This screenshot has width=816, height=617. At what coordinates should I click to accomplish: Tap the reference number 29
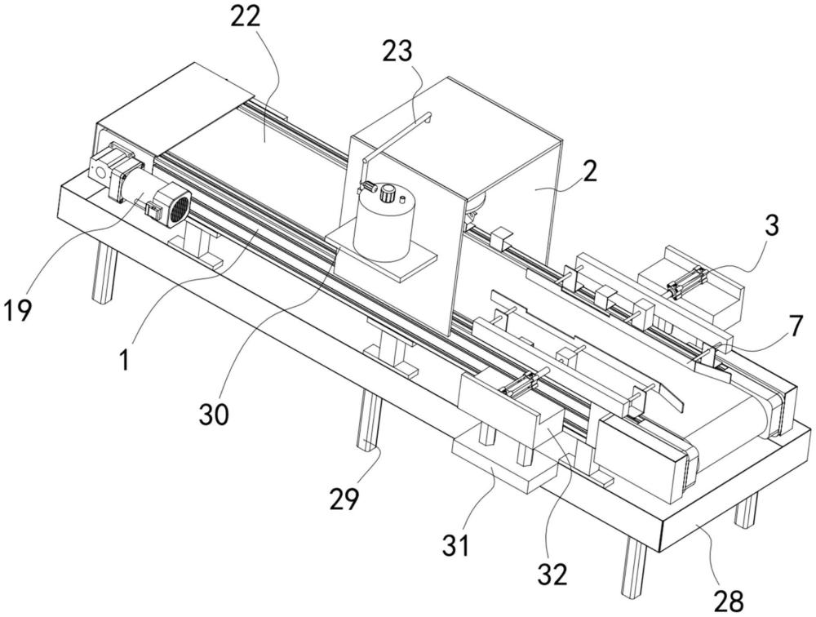(344, 499)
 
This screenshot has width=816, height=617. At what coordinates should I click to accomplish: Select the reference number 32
(553, 575)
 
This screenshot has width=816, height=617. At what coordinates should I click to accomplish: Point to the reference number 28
(729, 601)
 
